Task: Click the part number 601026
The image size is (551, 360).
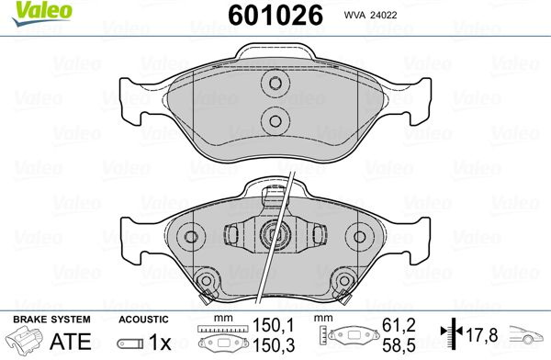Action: click(275, 15)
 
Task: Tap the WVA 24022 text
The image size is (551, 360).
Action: click(370, 15)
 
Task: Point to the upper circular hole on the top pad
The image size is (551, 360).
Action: click(275, 84)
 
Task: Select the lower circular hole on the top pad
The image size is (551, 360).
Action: click(275, 121)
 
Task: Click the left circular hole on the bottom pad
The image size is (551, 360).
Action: click(191, 237)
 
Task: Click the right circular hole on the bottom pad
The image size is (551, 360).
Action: click(359, 237)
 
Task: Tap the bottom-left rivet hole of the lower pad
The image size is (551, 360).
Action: click(207, 280)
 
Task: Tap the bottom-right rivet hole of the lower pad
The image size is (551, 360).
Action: click(344, 280)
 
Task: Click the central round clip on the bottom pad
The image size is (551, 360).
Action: click(275, 233)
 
